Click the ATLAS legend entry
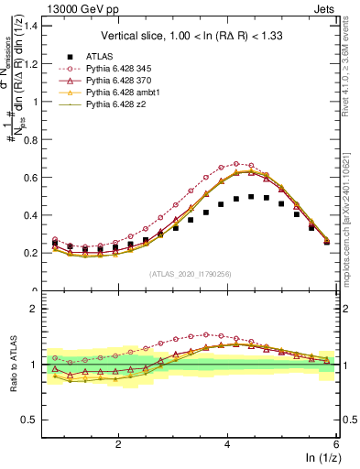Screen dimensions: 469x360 (98, 56)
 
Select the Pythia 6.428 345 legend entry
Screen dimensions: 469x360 (122, 68)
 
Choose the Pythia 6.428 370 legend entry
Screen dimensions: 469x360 (122, 81)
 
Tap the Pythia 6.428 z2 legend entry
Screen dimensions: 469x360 (118, 106)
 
